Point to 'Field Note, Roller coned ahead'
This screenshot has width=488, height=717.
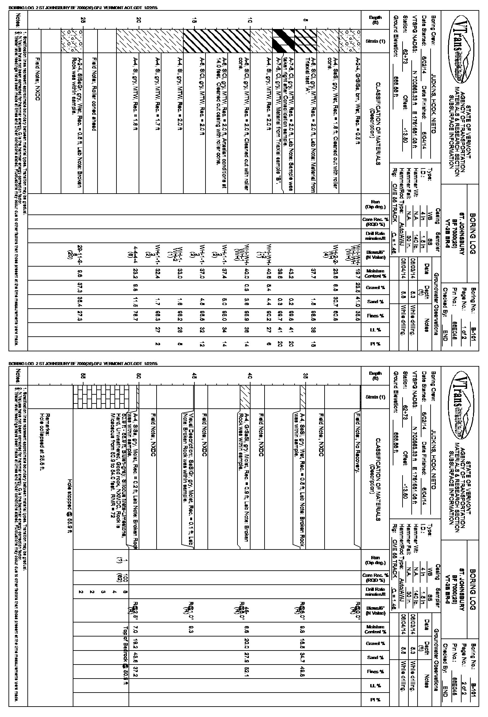pyautogui.click(x=95, y=95)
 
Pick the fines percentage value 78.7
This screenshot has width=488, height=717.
pyautogui.click(x=135, y=316)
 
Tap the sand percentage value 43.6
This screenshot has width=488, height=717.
pyautogui.click(x=135, y=657)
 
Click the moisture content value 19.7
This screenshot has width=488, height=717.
pyautogui.click(x=358, y=273)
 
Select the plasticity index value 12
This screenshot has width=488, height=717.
pyautogui.click(x=202, y=344)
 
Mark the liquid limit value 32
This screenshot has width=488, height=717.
pyautogui.click(x=202, y=330)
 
